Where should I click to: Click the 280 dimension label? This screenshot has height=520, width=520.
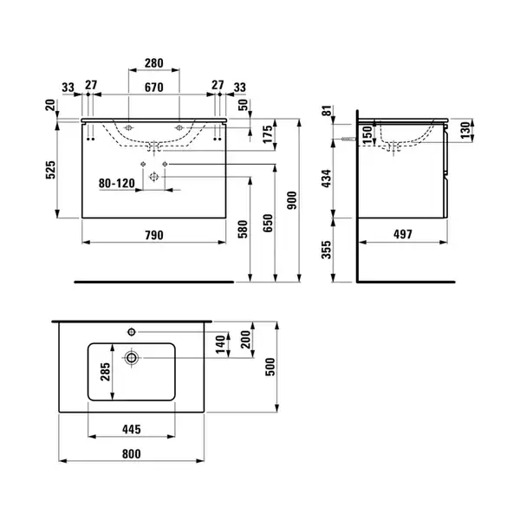(154, 63)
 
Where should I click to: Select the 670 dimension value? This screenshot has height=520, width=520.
(154, 88)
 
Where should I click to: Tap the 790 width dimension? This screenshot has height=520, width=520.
(154, 235)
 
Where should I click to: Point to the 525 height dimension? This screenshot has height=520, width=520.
(51, 170)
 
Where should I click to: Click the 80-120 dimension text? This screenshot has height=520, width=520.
(117, 183)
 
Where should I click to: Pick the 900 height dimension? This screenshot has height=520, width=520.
(292, 200)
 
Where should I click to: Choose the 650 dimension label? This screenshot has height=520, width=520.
(268, 223)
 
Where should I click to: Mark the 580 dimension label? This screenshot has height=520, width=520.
(243, 229)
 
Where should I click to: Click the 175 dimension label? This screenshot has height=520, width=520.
(268, 134)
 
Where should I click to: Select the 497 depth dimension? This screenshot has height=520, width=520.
(403, 234)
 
